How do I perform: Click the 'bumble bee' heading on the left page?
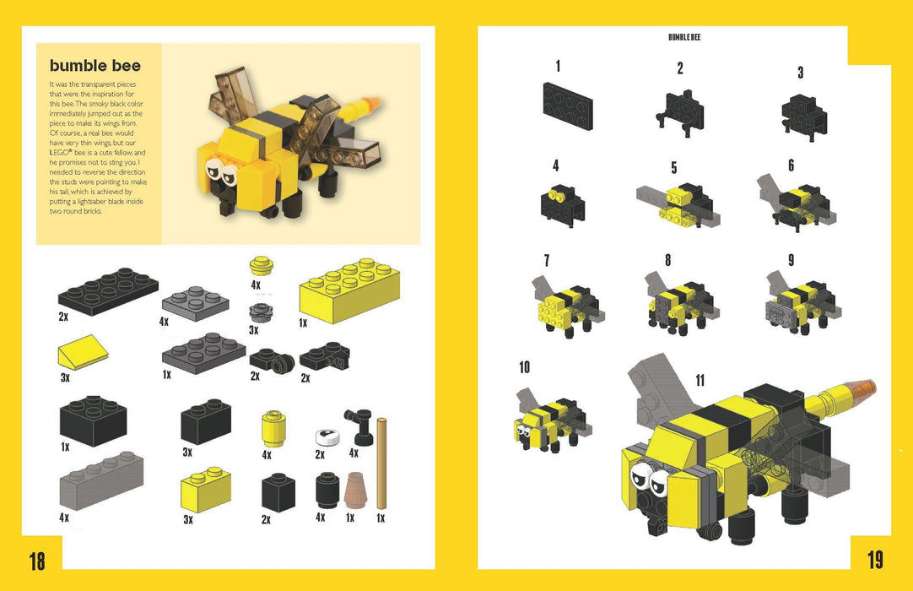(x=95, y=66)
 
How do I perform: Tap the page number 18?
(x=37, y=561)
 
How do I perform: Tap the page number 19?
(x=874, y=560)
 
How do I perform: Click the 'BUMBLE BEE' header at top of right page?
(x=684, y=37)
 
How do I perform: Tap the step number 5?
(x=674, y=168)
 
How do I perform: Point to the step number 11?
(x=700, y=380)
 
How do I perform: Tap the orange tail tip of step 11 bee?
(x=860, y=389)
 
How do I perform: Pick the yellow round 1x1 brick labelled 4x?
(x=272, y=428)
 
